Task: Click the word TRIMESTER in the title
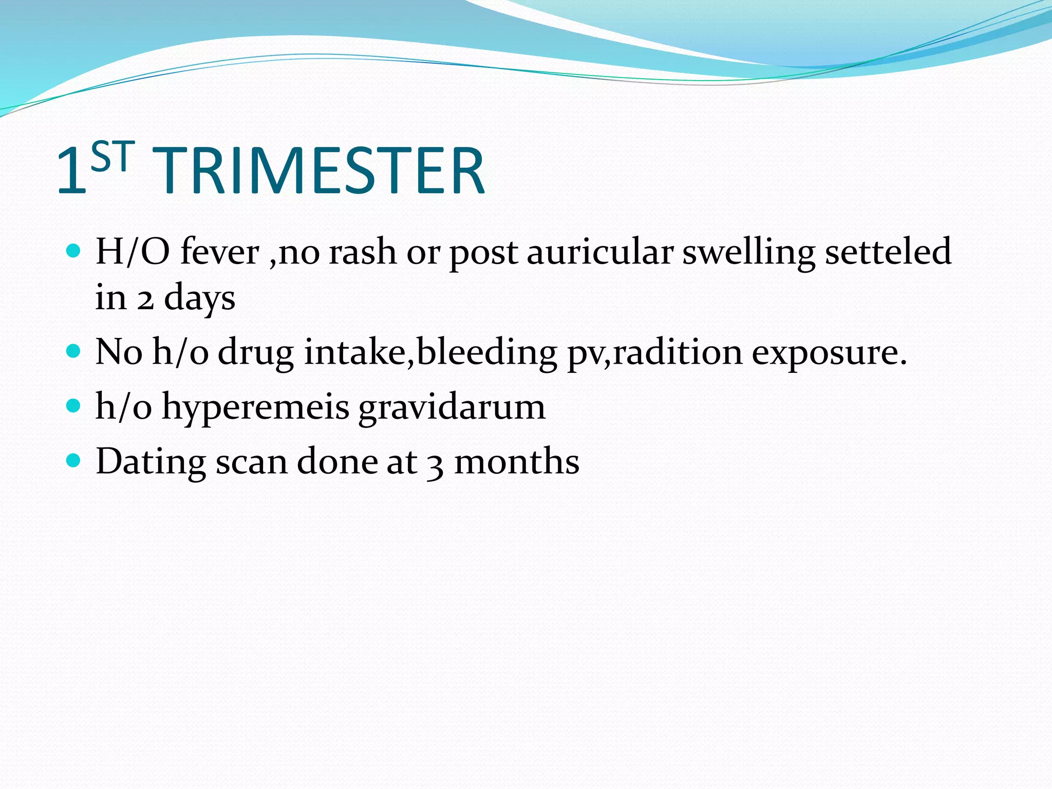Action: click(x=318, y=171)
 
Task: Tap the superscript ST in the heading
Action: click(x=112, y=157)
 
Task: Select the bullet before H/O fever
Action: click(x=74, y=251)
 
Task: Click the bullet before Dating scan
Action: click(x=74, y=460)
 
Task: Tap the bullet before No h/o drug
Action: click(x=74, y=351)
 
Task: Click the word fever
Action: click(x=220, y=252)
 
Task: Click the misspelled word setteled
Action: click(x=888, y=252)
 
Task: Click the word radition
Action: click(x=678, y=352)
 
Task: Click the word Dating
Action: click(x=151, y=462)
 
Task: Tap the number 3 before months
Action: click(x=435, y=464)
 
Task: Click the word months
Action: click(x=517, y=461)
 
